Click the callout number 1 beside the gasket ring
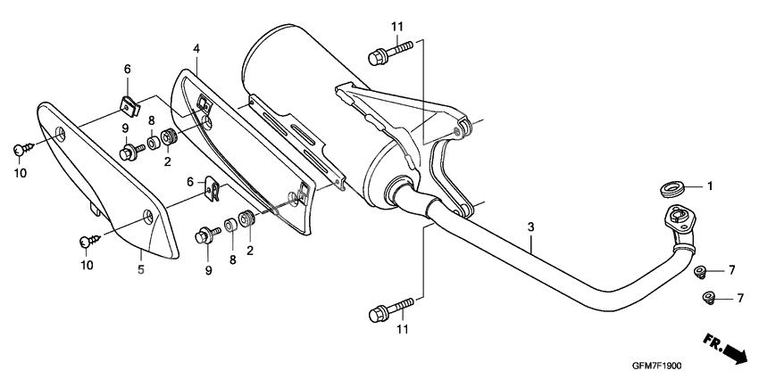click(711, 186)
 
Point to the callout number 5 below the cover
click(140, 268)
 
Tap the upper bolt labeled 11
click(390, 53)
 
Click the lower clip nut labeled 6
click(213, 189)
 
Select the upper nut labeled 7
click(700, 270)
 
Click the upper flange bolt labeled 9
click(130, 149)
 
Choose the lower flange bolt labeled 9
click(206, 235)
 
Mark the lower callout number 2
click(249, 251)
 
